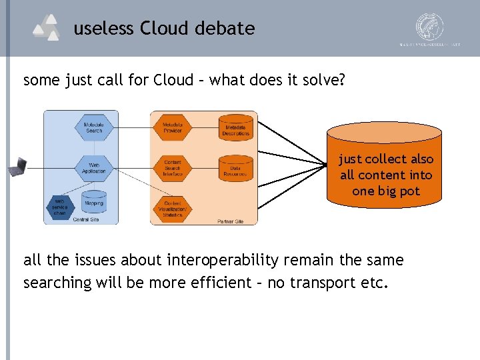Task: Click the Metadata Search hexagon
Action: point(94,127)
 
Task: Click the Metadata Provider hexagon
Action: point(173,127)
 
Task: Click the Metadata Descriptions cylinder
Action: point(235,127)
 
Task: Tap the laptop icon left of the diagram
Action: point(17,167)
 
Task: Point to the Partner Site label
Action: point(230,221)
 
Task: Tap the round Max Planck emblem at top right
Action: point(430,27)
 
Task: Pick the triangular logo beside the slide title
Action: point(46,28)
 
